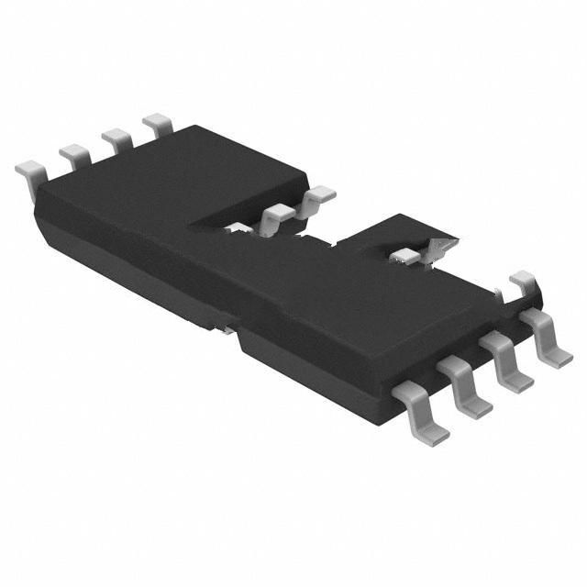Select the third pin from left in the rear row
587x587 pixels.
(x=116, y=138)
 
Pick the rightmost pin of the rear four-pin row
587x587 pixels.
(x=159, y=123)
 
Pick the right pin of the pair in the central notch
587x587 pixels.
(x=317, y=195)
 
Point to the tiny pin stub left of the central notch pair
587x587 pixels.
(x=238, y=226)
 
